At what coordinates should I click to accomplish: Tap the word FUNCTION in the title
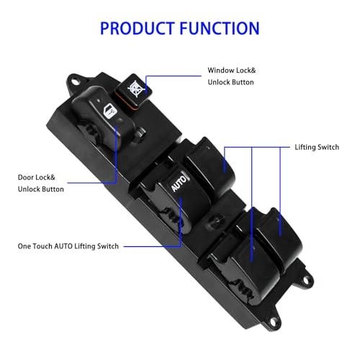click(x=220, y=29)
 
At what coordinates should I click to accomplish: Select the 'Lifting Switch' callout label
click(x=317, y=147)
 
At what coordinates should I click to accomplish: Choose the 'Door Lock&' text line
click(x=37, y=176)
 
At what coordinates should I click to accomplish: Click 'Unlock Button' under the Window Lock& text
click(x=232, y=84)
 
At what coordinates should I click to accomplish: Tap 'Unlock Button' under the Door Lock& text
click(x=40, y=189)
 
